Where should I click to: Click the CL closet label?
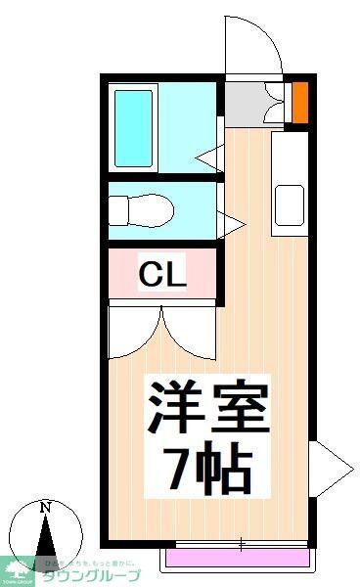[161, 275]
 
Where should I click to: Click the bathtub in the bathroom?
[135, 128]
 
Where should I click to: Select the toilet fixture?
[141, 209]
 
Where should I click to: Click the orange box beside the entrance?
[300, 100]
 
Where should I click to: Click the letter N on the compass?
[44, 508]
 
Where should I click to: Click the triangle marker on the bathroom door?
[209, 155]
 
